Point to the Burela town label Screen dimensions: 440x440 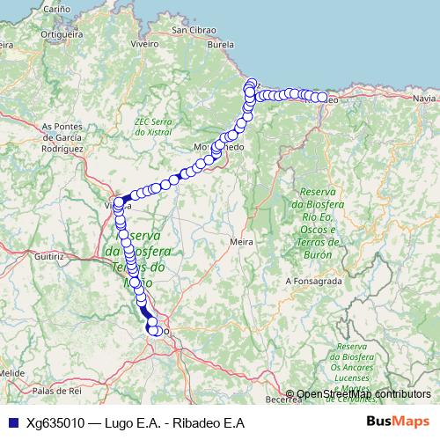pos(244,42)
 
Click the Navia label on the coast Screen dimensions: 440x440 pos(422,98)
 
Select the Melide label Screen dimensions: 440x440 pos(11,373)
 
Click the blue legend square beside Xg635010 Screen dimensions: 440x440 pos(11,422)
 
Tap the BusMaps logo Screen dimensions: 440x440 pos(398,422)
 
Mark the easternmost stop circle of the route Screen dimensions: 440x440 pos(322,98)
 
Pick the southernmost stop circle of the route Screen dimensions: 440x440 pos(156,331)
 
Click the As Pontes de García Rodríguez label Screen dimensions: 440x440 pos(62,137)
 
